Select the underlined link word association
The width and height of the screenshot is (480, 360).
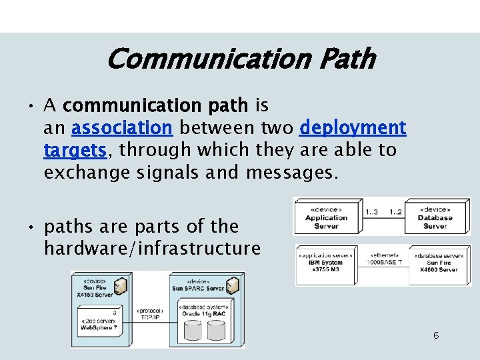pos(122,127)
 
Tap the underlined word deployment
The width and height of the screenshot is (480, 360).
pos(353,127)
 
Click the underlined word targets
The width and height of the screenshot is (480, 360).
pos(75,150)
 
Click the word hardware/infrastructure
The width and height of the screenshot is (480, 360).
pos(152,249)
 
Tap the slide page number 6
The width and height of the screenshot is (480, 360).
pos(436,335)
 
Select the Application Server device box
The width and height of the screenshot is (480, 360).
pos(326,217)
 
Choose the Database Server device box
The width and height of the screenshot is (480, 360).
pos(435,217)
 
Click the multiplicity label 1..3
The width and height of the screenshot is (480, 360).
pos(372,212)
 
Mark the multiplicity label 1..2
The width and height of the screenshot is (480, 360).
pos(395,212)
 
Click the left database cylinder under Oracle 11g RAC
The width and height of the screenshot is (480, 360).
pos(193,330)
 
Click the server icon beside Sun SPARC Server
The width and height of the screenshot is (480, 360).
pos(233,287)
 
